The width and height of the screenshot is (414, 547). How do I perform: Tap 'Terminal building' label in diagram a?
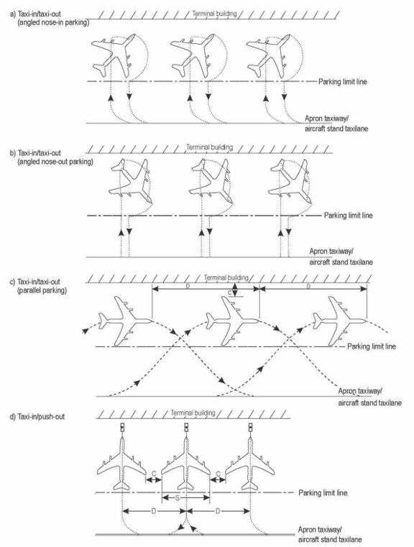214,14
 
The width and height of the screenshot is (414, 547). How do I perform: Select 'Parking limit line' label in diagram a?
343,82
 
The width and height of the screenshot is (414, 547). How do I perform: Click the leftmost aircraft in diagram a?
113,56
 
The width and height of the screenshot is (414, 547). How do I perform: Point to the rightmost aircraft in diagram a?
268,56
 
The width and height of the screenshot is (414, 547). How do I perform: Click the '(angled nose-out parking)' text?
55,162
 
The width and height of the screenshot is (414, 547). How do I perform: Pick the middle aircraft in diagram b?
210,181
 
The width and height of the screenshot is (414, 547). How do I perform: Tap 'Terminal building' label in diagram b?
210,147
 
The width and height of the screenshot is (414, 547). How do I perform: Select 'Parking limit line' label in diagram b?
348,216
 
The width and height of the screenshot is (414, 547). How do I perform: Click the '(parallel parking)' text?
42,290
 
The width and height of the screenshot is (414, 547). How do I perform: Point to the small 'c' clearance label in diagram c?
229,293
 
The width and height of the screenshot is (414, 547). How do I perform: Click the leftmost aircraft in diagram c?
125,321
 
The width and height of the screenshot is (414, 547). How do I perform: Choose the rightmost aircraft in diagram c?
339,321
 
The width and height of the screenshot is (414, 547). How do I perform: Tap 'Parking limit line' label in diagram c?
372,346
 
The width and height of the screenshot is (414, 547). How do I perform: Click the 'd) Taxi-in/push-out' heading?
37,416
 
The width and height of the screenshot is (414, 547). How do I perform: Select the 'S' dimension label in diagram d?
178,498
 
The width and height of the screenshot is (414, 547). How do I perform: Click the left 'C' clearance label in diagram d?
154,474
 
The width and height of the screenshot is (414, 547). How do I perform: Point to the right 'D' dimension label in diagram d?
218,511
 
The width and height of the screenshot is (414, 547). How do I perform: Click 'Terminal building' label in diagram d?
193,413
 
